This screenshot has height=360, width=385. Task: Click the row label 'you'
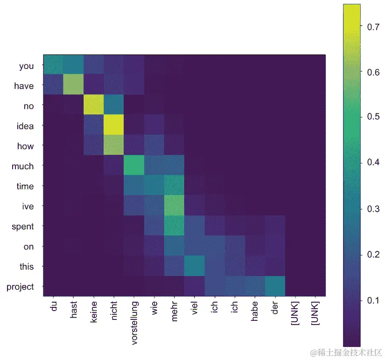pos(26,66)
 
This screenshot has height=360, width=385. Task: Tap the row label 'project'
pos(21,287)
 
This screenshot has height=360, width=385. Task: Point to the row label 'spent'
pos(24,227)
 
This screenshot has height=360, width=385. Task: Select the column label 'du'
pos(53,308)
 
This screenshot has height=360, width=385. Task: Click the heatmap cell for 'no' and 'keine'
pos(94,105)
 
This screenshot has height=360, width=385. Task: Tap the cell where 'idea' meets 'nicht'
pos(114,125)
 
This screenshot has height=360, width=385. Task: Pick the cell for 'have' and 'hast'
pos(74,85)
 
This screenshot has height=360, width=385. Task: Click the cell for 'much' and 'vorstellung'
pos(134,166)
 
